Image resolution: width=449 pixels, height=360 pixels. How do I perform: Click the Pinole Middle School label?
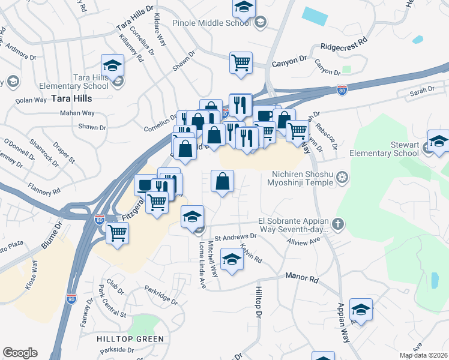point(211,23)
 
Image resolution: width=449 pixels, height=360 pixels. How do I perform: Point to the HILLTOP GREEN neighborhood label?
point(130,339)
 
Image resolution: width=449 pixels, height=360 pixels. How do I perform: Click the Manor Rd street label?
point(301,278)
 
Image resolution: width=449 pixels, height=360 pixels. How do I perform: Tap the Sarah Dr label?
point(422,89)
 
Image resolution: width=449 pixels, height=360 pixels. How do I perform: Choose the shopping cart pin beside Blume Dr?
point(118,232)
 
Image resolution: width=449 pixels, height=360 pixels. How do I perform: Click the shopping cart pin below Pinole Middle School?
point(241,62)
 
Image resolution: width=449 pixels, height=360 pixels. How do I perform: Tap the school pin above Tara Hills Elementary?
point(112,65)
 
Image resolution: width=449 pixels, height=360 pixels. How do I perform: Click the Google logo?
point(20,353)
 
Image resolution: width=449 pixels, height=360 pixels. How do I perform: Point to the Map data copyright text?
point(423,355)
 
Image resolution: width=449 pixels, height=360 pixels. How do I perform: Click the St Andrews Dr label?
point(235,236)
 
